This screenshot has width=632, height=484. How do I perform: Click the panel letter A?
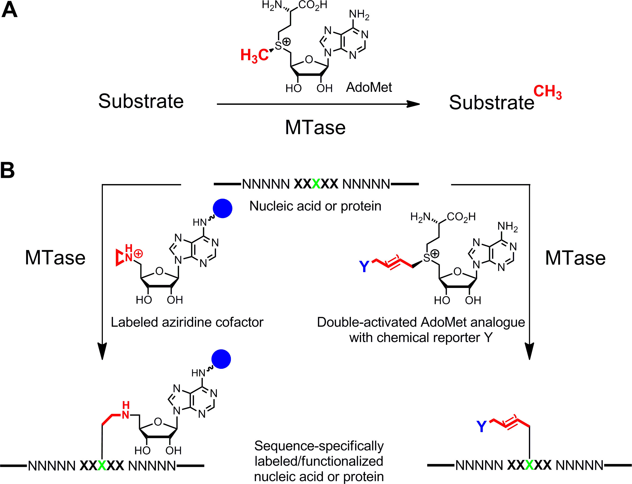click(x=9, y=10)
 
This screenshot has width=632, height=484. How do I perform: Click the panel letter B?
click(x=7, y=170)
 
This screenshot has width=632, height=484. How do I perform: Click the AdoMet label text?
click(x=369, y=87)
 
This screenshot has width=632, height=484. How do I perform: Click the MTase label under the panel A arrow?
click(x=315, y=127)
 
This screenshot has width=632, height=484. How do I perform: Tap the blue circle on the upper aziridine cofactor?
click(x=222, y=208)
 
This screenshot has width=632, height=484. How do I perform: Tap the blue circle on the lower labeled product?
click(x=221, y=359)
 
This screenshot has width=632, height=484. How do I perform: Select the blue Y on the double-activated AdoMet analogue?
click(x=364, y=267)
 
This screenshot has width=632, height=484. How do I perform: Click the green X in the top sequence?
click(x=316, y=184)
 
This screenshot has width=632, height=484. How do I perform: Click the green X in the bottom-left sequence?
click(x=102, y=465)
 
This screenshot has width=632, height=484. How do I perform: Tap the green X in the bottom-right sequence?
click(x=529, y=465)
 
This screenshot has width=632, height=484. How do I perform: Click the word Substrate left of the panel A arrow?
click(x=141, y=101)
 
